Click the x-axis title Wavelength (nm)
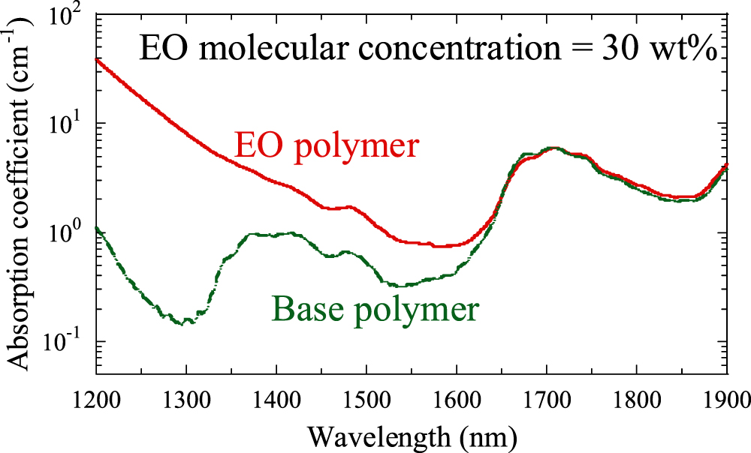click(411, 435)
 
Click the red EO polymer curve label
click(325, 145)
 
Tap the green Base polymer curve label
click(375, 308)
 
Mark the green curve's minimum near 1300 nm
click(184, 323)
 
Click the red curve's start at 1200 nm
click(97, 58)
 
